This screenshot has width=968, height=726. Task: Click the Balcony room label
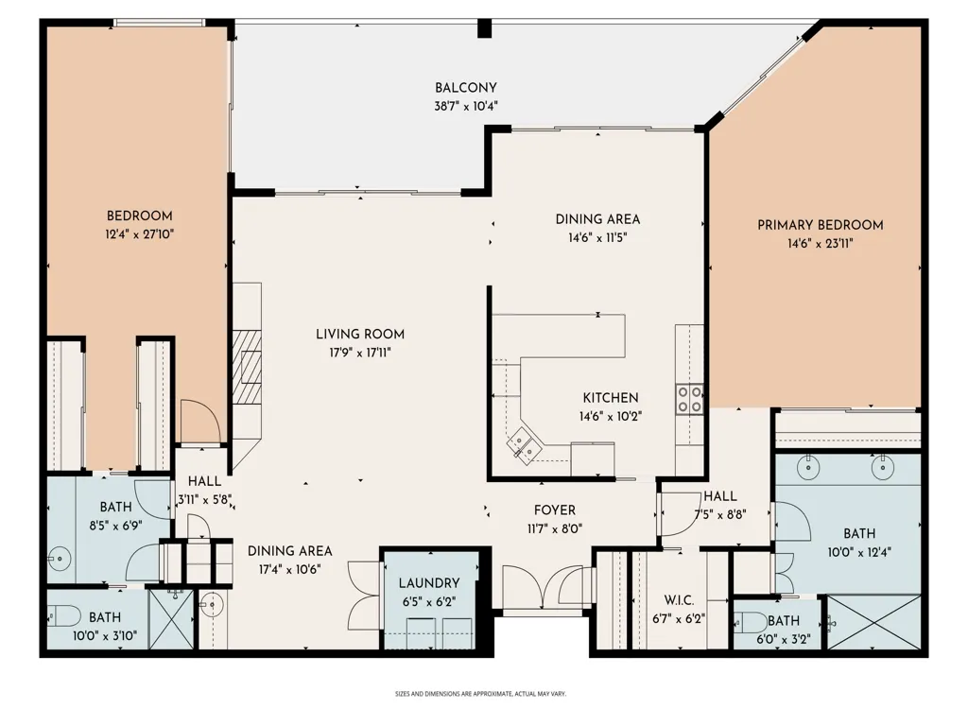[x=465, y=88]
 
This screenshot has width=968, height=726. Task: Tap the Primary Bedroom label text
[x=820, y=225]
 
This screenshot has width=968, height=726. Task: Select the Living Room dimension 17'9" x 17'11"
[x=360, y=353]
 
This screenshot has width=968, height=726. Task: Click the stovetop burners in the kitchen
[x=689, y=398]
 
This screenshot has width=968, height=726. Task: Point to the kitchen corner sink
[x=522, y=444]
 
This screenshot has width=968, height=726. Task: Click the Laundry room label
[x=429, y=582]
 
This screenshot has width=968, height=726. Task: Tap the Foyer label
[x=554, y=510]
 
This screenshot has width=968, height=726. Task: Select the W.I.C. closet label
[x=679, y=600]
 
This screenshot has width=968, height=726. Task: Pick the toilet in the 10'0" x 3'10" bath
[x=64, y=615]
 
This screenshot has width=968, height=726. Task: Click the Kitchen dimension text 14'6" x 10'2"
[x=610, y=416]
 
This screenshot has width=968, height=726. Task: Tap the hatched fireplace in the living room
[x=247, y=366]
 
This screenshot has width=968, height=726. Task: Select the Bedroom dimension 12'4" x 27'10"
[x=140, y=234]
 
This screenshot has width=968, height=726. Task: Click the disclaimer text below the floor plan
[x=480, y=694]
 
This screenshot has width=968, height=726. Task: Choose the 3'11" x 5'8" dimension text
[x=204, y=499]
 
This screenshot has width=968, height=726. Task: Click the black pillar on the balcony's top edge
[x=485, y=27]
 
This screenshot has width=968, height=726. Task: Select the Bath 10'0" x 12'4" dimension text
[x=859, y=552]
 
